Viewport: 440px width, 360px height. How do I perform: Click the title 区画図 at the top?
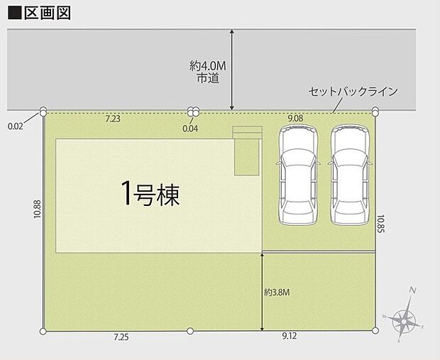pyautogui.click(x=44, y=13)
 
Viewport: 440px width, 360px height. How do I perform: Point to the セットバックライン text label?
pyautogui.click(x=353, y=92)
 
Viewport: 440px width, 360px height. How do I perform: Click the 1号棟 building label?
pyautogui.click(x=149, y=193)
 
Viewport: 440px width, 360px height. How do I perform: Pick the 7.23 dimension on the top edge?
pyautogui.click(x=113, y=119)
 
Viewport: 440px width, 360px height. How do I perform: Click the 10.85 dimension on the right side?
pyautogui.click(x=382, y=225)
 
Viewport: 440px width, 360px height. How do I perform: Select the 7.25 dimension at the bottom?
pyautogui.click(x=121, y=338)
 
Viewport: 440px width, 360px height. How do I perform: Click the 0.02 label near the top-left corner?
pyautogui.click(x=15, y=126)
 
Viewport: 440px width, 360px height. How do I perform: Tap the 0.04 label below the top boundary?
pyautogui.click(x=190, y=129)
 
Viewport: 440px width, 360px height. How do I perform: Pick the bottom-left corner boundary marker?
pyautogui.click(x=44, y=330)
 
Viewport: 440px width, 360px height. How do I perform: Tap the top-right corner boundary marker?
pyautogui.click(x=375, y=111)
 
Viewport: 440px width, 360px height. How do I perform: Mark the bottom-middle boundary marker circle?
pyautogui.click(x=189, y=330)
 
